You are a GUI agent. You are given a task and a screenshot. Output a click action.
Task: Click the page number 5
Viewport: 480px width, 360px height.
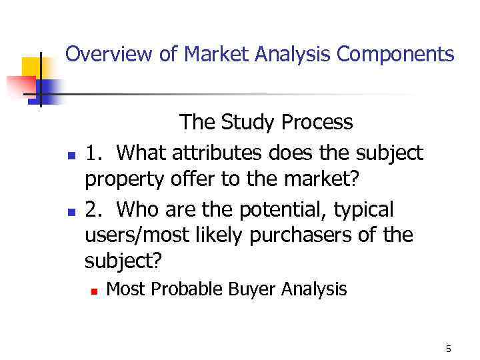pos(448,349)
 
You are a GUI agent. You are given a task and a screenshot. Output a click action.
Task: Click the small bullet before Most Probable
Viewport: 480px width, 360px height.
pos(95,291)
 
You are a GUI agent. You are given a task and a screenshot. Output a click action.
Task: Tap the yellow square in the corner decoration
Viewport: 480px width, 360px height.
pos(31,67)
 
